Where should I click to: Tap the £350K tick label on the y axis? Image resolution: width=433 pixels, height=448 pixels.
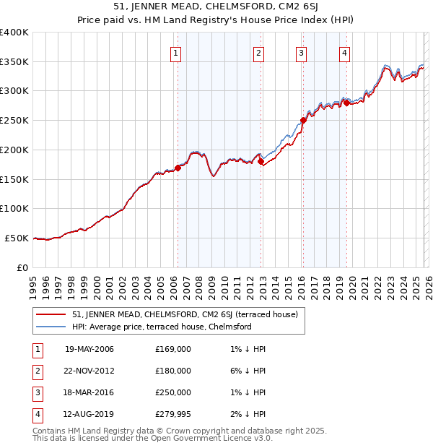14,62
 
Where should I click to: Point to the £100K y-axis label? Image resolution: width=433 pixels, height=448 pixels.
14,209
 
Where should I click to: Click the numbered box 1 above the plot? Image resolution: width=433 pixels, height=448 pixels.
177,52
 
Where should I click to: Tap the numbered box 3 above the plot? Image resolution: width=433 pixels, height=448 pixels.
301,52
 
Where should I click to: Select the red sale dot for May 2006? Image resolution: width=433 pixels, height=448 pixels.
178,168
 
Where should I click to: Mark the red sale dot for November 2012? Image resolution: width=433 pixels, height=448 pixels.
261,162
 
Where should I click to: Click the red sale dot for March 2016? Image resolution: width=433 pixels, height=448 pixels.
303,121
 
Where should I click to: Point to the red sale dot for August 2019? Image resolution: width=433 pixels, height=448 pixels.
346,103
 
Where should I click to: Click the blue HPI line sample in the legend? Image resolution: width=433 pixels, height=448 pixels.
52,327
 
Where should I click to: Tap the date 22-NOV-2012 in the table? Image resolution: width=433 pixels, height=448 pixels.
89,371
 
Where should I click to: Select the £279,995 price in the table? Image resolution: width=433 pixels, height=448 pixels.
173,414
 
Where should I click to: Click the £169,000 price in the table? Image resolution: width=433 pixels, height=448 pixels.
173,349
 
